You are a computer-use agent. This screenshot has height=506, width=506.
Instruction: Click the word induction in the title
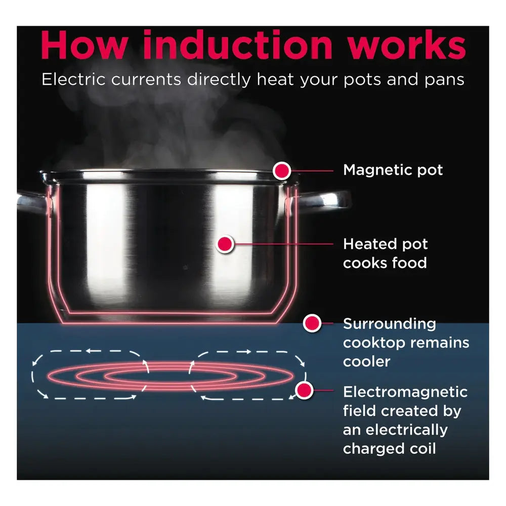pos(237,46)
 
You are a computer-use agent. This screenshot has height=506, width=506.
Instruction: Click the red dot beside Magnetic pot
pos(282,171)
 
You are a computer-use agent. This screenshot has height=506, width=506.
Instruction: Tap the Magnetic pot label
pos(393,170)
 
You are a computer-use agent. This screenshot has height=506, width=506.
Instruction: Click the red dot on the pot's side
pos(225,244)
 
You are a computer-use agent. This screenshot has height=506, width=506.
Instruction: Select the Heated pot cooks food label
pos(385,253)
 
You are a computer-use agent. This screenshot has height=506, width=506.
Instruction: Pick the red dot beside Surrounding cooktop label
pos(312,323)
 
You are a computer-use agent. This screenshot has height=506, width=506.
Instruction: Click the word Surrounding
pos(389,324)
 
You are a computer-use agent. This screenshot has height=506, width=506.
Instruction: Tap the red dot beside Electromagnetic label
pos(304,390)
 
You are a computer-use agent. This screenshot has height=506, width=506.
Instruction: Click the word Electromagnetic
pos(405,392)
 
